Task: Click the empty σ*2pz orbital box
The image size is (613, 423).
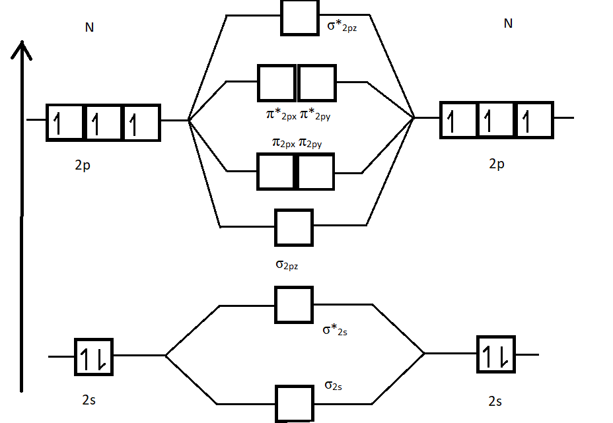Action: pyautogui.click(x=300, y=17)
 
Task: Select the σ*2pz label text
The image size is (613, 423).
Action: pyautogui.click(x=342, y=28)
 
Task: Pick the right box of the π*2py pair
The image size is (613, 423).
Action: pyautogui.click(x=317, y=82)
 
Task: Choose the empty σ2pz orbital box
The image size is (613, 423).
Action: pyautogui.click(x=294, y=227)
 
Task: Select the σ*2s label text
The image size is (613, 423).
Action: pyautogui.click(x=335, y=329)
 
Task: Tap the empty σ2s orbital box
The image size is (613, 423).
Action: pyautogui.click(x=294, y=403)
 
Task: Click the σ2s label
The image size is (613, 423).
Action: pyautogui.click(x=333, y=385)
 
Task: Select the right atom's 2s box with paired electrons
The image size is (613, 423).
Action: pyautogui.click(x=495, y=355)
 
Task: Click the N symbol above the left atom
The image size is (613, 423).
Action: pyautogui.click(x=89, y=28)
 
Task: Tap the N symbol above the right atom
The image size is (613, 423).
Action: pyautogui.click(x=508, y=24)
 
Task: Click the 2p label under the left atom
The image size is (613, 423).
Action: pyautogui.click(x=83, y=166)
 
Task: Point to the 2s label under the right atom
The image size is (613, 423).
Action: pyautogui.click(x=495, y=401)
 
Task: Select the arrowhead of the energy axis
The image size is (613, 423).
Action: pyautogui.click(x=23, y=49)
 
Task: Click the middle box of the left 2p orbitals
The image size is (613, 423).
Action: pyautogui.click(x=103, y=122)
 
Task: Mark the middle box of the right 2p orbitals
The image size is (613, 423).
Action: pyautogui.click(x=496, y=120)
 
